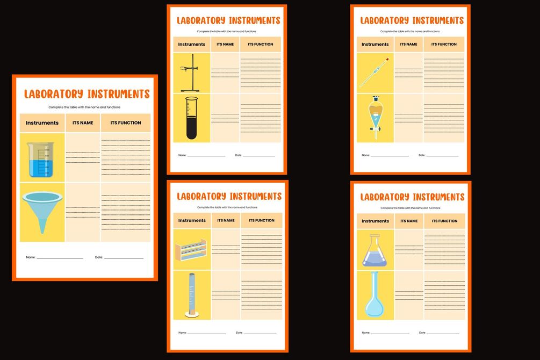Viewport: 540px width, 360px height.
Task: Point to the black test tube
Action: [191, 118]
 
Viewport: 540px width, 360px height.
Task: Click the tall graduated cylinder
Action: [191, 295]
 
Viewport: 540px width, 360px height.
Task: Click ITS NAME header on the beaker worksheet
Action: [83, 123]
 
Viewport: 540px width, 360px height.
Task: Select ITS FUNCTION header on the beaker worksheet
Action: [126, 123]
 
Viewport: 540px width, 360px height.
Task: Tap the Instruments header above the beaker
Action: [42, 123]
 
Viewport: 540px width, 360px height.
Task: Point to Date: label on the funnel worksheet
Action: [99, 257]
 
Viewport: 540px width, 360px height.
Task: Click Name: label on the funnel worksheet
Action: [31, 257]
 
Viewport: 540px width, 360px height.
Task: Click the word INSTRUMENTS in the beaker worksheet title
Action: [118, 95]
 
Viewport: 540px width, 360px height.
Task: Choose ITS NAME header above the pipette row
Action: [408, 45]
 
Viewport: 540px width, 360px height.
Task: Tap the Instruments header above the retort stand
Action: [192, 45]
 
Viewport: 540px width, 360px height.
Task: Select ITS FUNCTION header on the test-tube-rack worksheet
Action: [262, 220]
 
